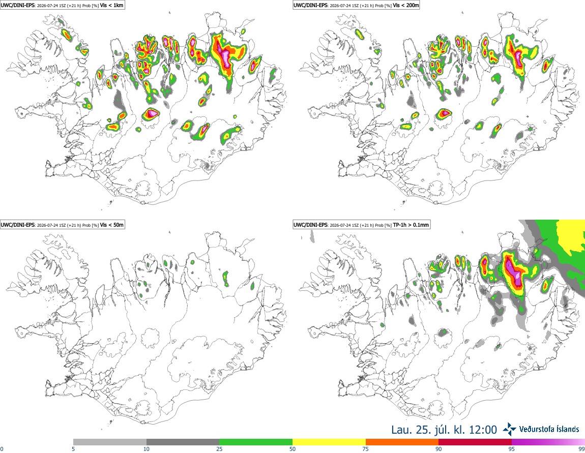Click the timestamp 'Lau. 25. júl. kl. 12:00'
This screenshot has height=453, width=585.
(x=444, y=430)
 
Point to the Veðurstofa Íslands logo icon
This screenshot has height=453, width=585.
(x=509, y=429)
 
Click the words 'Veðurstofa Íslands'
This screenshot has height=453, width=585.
(x=549, y=429)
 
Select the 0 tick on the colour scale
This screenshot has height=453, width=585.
(x=2, y=449)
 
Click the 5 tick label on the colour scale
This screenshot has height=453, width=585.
(x=73, y=449)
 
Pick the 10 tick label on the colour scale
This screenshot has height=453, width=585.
(x=147, y=449)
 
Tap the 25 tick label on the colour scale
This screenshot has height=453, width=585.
(x=219, y=449)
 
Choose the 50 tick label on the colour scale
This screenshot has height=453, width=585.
(x=292, y=449)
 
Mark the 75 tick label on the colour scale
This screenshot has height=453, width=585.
(x=366, y=449)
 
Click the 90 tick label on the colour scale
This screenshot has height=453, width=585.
(x=438, y=449)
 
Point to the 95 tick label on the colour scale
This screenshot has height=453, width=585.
(x=512, y=449)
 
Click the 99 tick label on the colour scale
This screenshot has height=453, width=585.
(x=581, y=449)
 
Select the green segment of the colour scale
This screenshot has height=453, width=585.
(x=256, y=442)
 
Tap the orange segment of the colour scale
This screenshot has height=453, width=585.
(x=402, y=442)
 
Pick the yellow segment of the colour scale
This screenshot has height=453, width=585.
(x=329, y=442)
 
